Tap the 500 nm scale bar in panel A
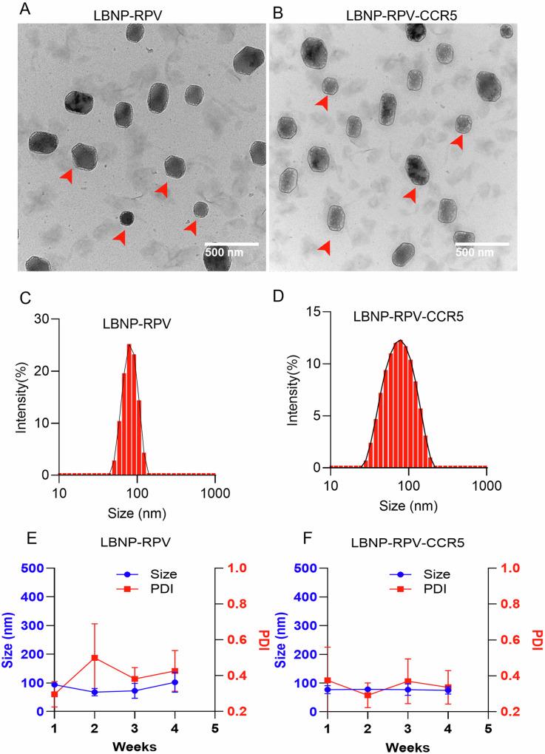pos(231,242)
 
